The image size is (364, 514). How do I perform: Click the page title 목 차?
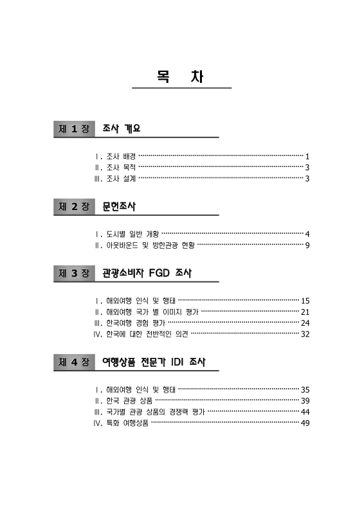point(181,76)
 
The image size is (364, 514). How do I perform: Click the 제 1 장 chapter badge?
point(74,129)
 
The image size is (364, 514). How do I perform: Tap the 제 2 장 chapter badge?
point(74,207)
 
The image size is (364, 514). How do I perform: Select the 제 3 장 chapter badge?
point(74,274)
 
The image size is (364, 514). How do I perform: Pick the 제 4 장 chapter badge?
point(74,362)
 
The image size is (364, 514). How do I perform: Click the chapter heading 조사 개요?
point(121,129)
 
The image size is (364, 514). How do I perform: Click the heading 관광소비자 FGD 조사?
point(147,274)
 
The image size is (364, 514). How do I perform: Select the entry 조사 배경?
point(121,156)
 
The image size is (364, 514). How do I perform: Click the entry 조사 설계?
point(121,178)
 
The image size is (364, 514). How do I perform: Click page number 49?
point(305,423)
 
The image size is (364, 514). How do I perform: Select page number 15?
point(305,301)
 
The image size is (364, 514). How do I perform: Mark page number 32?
point(305,334)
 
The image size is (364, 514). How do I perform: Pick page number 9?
point(308,245)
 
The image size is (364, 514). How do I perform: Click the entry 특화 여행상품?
point(127,423)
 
